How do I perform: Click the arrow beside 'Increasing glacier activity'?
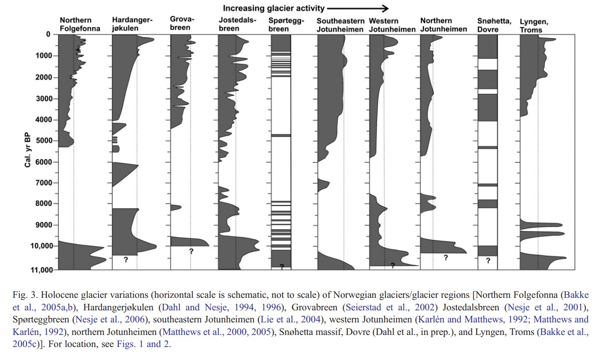coord(358,9)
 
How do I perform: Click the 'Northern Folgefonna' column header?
coord(80,24)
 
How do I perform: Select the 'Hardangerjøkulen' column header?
coord(132,24)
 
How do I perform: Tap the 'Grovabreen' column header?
coord(182,23)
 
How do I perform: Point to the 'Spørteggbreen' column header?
coord(286,25)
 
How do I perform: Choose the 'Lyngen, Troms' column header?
coord(534,26)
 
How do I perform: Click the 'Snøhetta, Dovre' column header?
coord(494,25)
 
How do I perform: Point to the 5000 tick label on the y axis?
coord(44,141)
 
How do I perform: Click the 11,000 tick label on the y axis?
coord(41,270)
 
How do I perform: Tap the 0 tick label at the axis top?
coord(48,34)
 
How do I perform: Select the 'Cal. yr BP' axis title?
coord(27,150)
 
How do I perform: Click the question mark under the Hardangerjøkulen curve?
coord(126,259)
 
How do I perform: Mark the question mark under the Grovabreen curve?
coord(191,251)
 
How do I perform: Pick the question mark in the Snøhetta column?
coord(488,260)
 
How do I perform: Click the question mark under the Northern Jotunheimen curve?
coord(446,257)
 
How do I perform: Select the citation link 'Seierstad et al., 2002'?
coord(390,307)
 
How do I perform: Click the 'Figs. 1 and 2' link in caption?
coord(143,344)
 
